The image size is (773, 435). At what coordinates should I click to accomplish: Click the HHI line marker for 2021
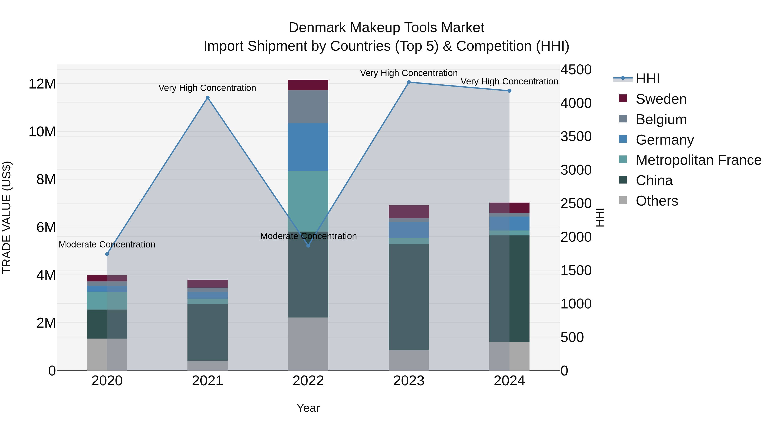coord(207,98)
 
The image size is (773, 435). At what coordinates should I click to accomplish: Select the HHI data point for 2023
coord(409,82)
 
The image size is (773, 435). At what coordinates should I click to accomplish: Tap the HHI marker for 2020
coord(107,254)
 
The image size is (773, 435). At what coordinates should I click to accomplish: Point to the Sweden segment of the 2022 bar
coord(308,85)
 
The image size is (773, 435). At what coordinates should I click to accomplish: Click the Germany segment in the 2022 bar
coord(308,147)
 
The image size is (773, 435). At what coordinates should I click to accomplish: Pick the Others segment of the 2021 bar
coord(207,365)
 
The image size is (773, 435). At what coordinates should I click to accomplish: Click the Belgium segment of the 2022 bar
coord(308,107)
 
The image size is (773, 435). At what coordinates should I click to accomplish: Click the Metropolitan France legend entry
coord(698,160)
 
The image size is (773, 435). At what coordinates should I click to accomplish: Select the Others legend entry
coord(657,201)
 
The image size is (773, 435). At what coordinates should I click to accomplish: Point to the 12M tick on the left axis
coord(42,84)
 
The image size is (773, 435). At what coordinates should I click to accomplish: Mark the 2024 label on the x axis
coord(509,381)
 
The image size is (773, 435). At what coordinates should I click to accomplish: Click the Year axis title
coord(308,408)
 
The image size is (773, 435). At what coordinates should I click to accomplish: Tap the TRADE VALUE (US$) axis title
coord(7,217)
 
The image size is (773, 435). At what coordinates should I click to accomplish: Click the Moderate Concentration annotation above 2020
coord(107,244)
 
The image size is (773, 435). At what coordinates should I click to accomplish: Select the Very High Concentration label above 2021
coord(207,88)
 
